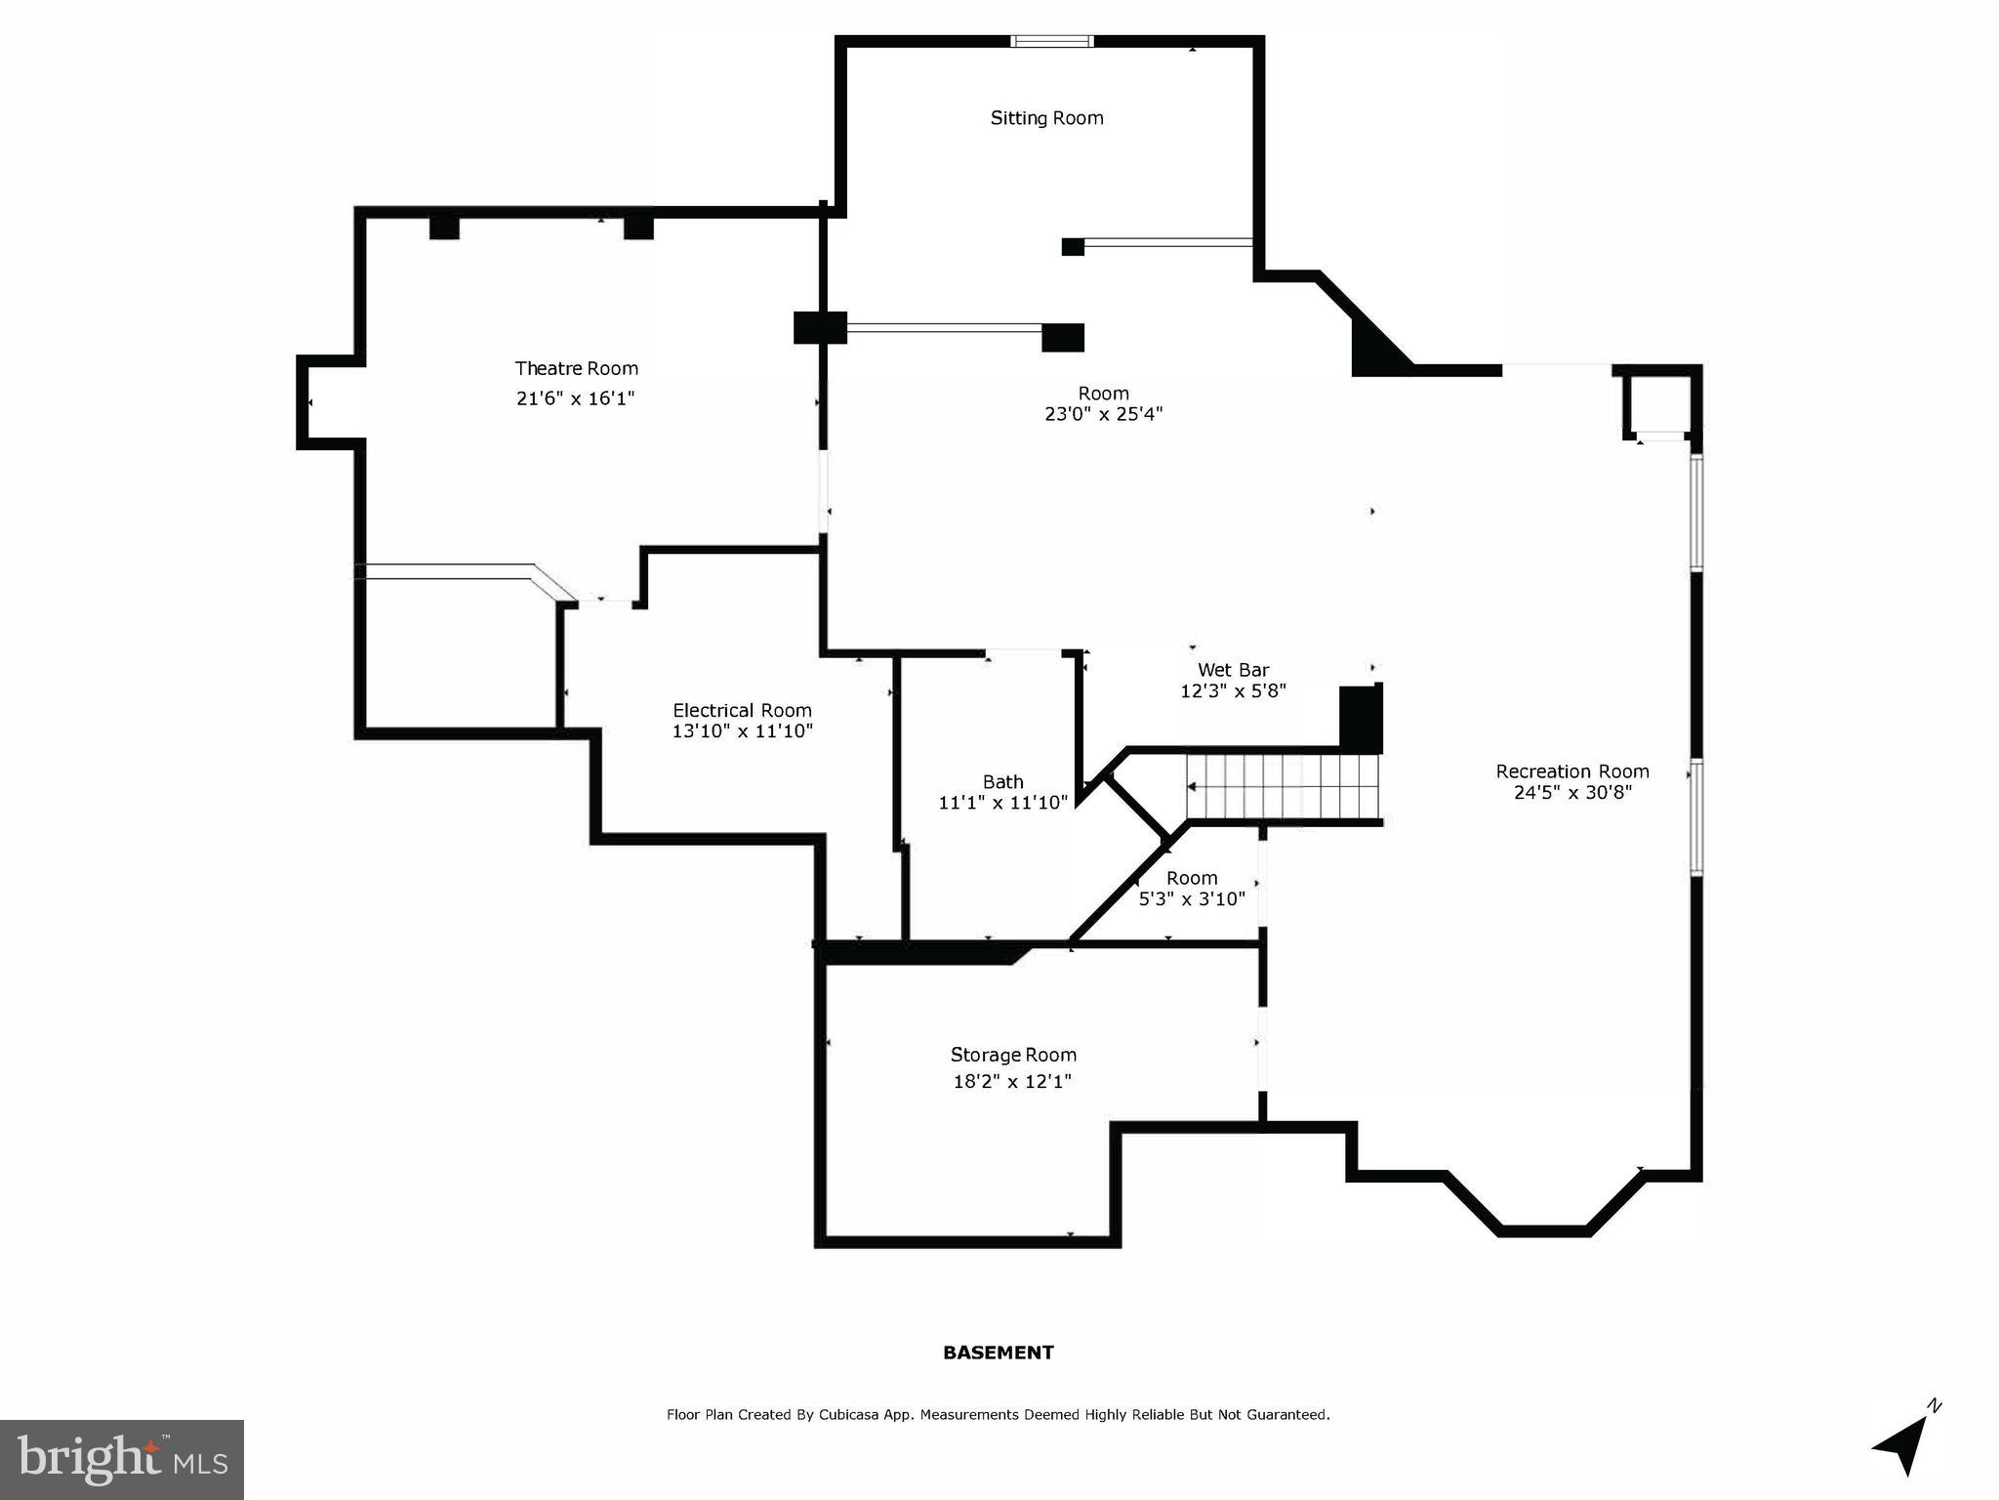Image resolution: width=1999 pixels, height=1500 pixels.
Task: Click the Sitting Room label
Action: point(1046,118)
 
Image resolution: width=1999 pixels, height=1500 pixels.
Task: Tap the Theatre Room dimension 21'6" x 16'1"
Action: point(576,398)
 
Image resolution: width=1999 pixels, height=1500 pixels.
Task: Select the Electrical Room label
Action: point(742,710)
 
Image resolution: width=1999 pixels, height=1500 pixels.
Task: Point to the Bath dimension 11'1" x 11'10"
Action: point(1002,803)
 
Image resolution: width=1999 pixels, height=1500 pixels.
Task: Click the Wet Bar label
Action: point(1233,670)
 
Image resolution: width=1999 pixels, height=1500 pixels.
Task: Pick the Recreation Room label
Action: point(1571,771)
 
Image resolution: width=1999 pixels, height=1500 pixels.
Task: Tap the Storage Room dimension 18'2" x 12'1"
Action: point(1012,1081)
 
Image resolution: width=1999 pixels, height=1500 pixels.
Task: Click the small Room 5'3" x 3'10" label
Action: point(1192,878)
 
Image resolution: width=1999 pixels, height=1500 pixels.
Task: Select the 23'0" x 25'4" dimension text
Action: point(1103,414)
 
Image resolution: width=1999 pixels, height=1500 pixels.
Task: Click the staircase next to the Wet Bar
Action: point(1283,787)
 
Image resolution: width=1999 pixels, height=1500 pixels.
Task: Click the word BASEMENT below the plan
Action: point(998,1353)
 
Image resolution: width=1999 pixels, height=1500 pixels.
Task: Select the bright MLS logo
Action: point(122,1460)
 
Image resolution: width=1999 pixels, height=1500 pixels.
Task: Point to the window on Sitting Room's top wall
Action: point(1051,41)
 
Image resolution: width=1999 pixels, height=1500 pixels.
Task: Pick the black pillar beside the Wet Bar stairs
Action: point(1360,718)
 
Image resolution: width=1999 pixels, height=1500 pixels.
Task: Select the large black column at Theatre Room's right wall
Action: point(819,327)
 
